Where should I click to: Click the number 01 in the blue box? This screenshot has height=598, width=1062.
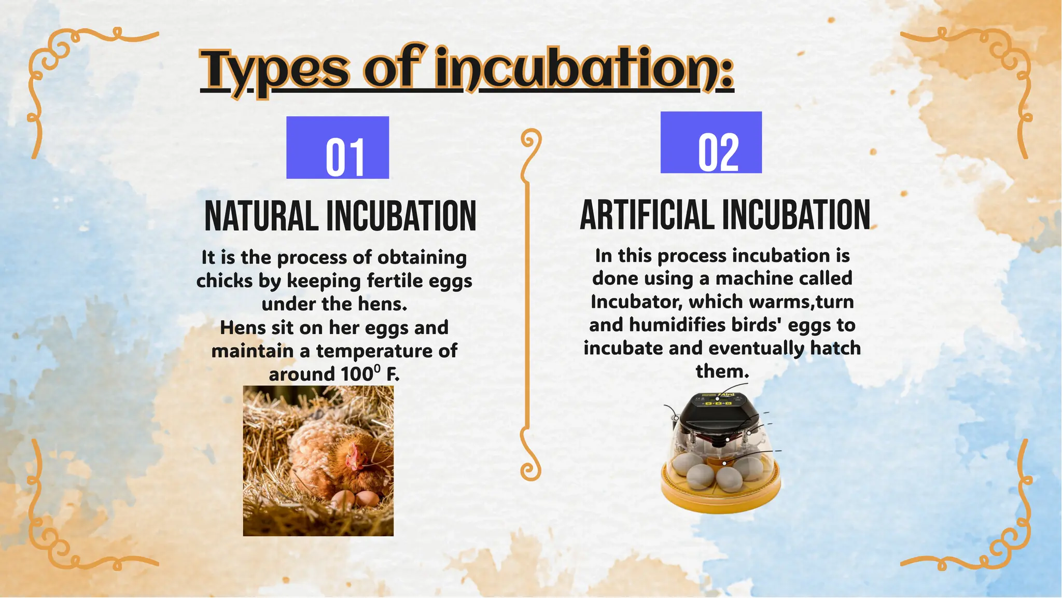coord(345,158)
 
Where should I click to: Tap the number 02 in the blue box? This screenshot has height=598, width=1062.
coord(718,152)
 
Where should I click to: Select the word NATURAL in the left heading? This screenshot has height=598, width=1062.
coord(261,216)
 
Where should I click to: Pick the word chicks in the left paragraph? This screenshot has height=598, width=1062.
coord(224,281)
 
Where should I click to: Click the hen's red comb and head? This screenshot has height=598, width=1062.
coord(355,457)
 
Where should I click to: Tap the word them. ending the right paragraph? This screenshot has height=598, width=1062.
coord(722,371)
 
